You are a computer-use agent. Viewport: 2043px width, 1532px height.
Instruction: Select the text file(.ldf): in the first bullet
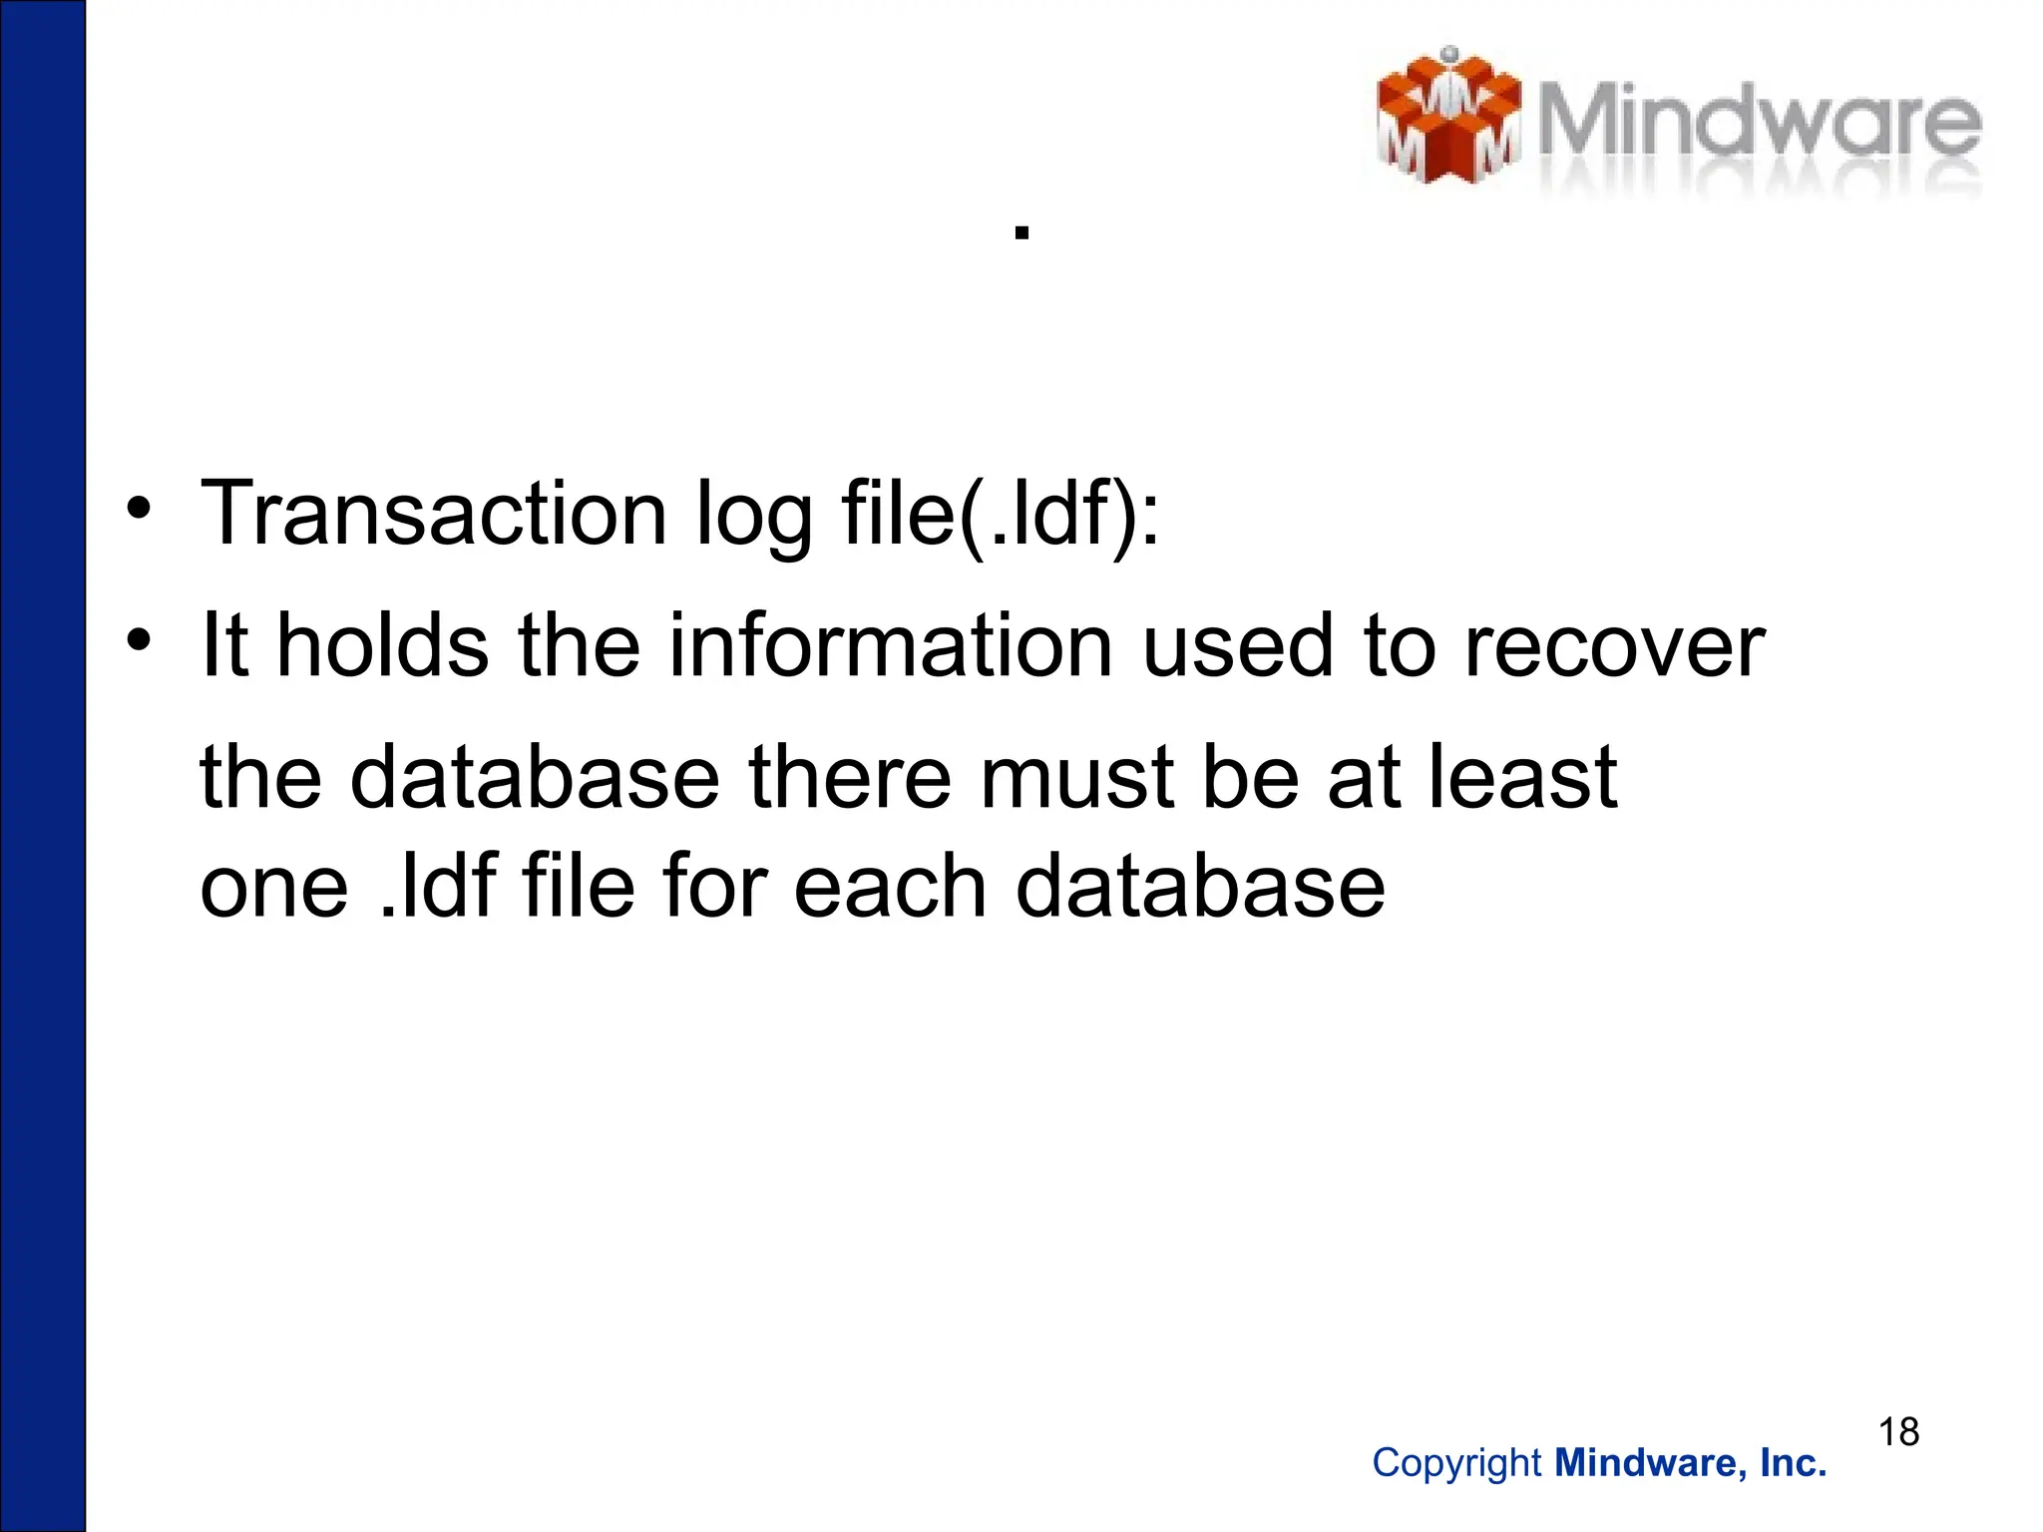tap(1001, 515)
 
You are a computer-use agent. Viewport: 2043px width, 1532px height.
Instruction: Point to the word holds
tap(382, 645)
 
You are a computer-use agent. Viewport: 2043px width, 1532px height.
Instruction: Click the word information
tap(890, 645)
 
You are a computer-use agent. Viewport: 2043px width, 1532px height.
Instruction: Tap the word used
tap(1238, 645)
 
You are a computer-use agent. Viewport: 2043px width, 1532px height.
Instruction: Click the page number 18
tap(1898, 1432)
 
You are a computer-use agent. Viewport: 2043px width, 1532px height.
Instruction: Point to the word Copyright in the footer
tap(1456, 1463)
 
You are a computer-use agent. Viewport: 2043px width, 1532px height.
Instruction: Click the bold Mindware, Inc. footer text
tap(1691, 1463)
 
